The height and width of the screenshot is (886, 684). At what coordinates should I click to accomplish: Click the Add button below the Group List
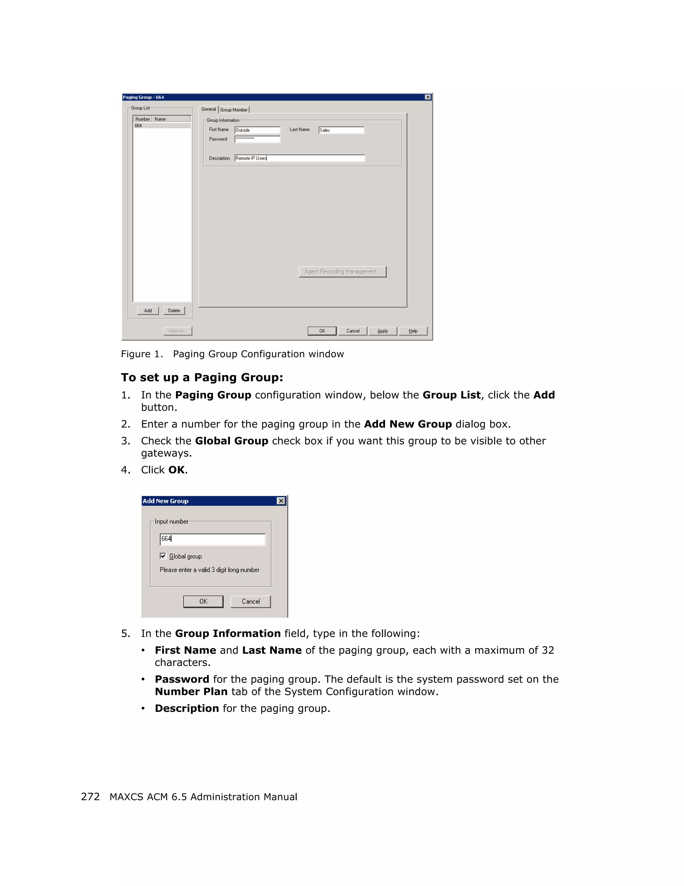148,311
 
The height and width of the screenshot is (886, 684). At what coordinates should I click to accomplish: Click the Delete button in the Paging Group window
174,311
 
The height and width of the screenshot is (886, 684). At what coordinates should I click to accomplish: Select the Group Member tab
234,110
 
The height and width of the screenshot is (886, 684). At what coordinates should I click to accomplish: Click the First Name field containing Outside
258,130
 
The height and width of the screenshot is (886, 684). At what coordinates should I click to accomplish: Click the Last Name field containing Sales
341,130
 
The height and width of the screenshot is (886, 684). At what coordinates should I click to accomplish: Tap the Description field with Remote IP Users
300,158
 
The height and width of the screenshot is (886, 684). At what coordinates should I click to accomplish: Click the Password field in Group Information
258,139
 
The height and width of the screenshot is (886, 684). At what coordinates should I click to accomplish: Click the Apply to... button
177,331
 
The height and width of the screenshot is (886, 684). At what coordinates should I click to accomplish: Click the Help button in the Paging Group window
413,331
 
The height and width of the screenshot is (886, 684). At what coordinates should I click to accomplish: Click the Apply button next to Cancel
382,331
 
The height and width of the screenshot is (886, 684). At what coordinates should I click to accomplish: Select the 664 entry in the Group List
162,126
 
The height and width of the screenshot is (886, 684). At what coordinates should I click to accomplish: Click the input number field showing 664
213,539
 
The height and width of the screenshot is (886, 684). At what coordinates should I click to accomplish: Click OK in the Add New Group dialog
203,602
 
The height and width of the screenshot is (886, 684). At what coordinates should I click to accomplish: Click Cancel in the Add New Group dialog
250,602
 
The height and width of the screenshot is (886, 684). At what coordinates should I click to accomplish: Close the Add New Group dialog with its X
281,501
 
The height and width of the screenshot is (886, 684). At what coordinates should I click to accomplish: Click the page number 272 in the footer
90,797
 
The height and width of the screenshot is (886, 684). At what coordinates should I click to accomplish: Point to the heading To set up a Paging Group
202,378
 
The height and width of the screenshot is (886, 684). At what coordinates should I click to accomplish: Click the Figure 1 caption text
232,354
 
